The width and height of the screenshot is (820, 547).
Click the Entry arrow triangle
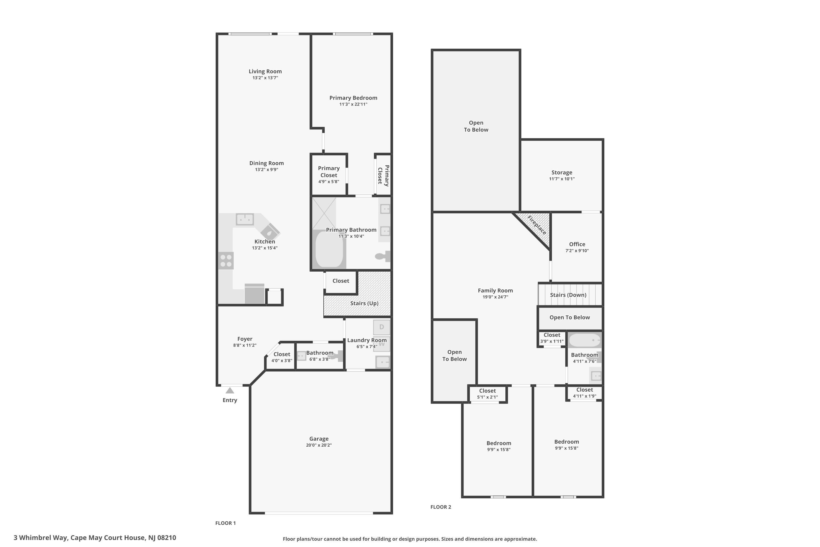pyautogui.click(x=230, y=390)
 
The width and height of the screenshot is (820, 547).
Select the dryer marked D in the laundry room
pyautogui.click(x=381, y=327)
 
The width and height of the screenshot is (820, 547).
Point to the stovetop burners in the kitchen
pyautogui.click(x=226, y=261)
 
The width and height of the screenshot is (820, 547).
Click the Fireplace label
pyautogui.click(x=537, y=225)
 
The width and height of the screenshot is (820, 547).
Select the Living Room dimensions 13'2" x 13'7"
pyautogui.click(x=265, y=78)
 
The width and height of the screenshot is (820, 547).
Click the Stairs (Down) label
pyautogui.click(x=568, y=295)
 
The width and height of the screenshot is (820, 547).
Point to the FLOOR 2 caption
pyautogui.click(x=441, y=507)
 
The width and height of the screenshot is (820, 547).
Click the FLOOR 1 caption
pyautogui.click(x=225, y=523)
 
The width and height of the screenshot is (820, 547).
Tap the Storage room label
pyautogui.click(x=562, y=172)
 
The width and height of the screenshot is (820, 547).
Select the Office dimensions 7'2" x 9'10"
pyautogui.click(x=577, y=251)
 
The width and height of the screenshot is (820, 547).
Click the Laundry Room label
pyautogui.click(x=367, y=340)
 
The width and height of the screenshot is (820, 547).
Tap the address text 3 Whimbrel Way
pyautogui.click(x=40, y=538)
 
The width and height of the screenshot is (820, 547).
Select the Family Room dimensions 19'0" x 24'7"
pyautogui.click(x=495, y=297)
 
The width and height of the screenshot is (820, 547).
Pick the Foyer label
pyautogui.click(x=245, y=339)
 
